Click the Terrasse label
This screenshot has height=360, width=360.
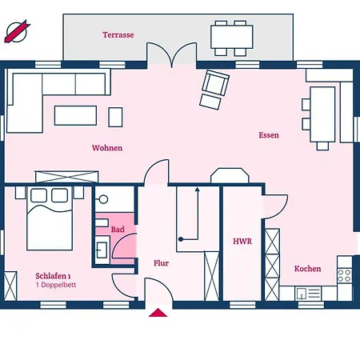tap(118, 34)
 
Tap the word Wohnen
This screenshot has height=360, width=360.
tap(107, 148)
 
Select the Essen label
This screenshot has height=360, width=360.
tap(269, 135)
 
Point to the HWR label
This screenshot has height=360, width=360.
tap(242, 242)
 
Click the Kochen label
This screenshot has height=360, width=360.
tap(308, 269)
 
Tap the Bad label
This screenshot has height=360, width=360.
tap(118, 230)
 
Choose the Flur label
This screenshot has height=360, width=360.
tap(161, 263)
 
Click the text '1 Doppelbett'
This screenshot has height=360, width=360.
tap(56, 285)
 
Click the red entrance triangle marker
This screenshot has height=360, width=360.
tap(158, 313)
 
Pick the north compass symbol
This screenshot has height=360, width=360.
tap(17, 32)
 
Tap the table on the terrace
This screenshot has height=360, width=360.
tap(232, 37)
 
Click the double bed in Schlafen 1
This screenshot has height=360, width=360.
tap(50, 218)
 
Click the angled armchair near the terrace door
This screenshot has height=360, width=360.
tap(214, 90)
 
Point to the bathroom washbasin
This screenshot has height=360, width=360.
tap(102, 250)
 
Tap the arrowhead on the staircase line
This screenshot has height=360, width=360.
tap(198, 190)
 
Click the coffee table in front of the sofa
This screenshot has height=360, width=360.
tap(75, 115)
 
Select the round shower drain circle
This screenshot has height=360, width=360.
tap(103, 199)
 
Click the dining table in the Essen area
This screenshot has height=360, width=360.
tap(322, 114)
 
